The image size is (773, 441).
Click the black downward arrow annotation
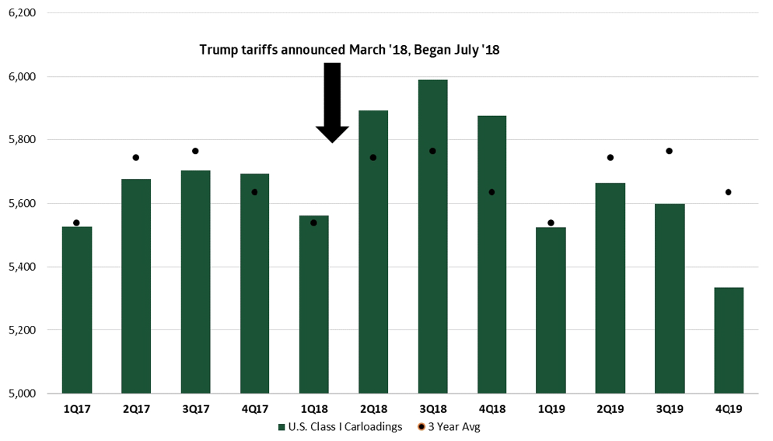click(x=332, y=102)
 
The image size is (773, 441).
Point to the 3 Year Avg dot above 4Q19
click(x=729, y=192)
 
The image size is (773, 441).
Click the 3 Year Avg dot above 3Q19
click(x=670, y=151)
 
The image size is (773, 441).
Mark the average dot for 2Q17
click(x=136, y=157)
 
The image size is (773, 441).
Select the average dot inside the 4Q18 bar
click(x=491, y=192)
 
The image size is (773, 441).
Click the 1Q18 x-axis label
click(x=314, y=408)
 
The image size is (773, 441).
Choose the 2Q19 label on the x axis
click(x=610, y=408)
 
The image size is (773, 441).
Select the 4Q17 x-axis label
click(x=254, y=408)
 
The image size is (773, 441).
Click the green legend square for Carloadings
click(x=282, y=427)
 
